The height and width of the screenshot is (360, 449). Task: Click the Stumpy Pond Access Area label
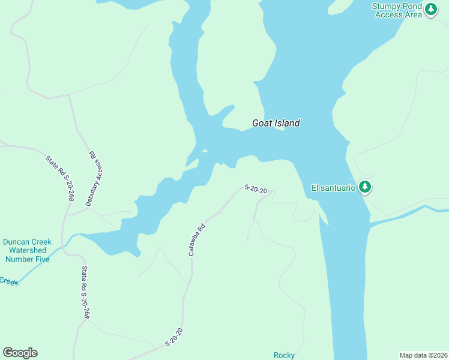[x=398, y=10]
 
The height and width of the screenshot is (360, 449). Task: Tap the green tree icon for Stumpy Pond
[x=431, y=9]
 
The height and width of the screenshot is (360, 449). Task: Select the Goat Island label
[x=276, y=124]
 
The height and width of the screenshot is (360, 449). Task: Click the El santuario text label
[x=333, y=188]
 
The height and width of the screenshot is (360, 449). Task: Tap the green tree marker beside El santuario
[x=364, y=187]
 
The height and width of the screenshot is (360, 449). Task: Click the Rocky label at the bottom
[x=284, y=355]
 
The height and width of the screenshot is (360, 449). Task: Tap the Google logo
[x=20, y=353]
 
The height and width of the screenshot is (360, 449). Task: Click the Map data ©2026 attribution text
[x=423, y=355]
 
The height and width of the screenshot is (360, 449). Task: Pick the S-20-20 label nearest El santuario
[x=255, y=189]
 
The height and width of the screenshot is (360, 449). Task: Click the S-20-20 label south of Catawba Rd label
[x=173, y=337]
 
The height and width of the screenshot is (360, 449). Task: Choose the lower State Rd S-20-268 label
[x=86, y=292]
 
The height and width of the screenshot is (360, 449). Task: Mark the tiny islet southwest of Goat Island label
[x=205, y=151]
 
